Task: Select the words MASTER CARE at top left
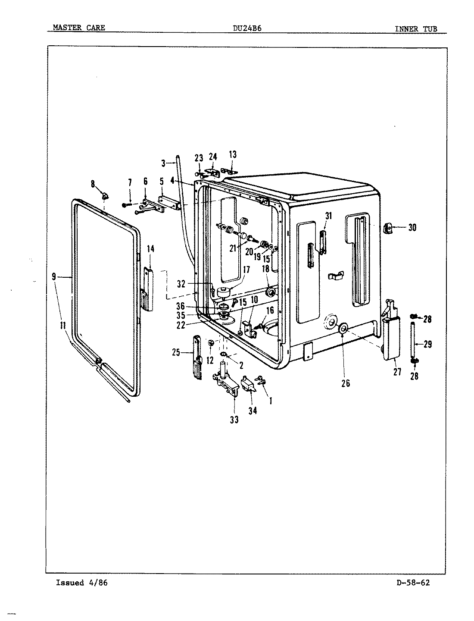78,28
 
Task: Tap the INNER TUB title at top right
416,29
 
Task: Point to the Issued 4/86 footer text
81,583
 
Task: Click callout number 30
412,227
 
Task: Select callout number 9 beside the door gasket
54,277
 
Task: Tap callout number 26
346,383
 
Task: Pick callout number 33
234,419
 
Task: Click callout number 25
176,352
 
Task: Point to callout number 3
164,163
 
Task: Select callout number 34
253,411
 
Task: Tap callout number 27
397,371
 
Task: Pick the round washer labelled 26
343,329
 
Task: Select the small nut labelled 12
211,343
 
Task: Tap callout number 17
246,270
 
